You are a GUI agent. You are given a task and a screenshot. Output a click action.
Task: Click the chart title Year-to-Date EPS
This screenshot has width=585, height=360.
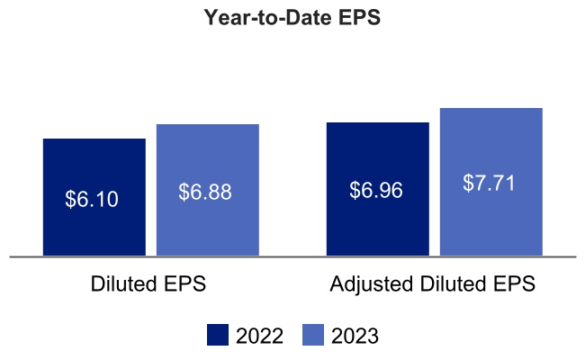(x=292, y=19)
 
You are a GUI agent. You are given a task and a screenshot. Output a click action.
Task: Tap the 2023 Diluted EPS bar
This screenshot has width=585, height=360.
(x=208, y=225)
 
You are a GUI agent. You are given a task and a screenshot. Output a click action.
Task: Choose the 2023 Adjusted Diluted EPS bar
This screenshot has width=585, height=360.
(x=491, y=225)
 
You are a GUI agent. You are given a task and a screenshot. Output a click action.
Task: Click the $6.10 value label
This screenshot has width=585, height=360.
(x=92, y=199)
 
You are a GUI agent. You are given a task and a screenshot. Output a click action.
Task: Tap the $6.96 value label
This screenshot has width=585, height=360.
(x=376, y=191)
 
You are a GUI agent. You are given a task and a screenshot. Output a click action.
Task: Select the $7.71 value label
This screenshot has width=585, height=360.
(x=490, y=183)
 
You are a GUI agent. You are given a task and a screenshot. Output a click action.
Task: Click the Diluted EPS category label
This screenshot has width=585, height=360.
(x=148, y=284)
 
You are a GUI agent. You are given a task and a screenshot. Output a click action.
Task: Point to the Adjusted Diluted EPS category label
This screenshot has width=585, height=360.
(x=433, y=284)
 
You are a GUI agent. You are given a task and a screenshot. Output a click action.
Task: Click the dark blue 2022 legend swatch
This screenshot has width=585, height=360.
(x=218, y=336)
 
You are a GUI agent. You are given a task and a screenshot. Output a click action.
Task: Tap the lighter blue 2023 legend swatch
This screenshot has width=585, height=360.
(x=312, y=336)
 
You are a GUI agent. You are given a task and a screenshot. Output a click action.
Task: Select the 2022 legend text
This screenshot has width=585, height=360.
(x=260, y=337)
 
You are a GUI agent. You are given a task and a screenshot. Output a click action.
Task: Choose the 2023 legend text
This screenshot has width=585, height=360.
(x=355, y=337)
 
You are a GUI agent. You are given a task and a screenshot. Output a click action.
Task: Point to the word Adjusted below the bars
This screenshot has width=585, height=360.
(x=368, y=285)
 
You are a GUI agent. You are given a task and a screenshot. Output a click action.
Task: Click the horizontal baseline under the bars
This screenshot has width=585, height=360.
(x=292, y=256)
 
